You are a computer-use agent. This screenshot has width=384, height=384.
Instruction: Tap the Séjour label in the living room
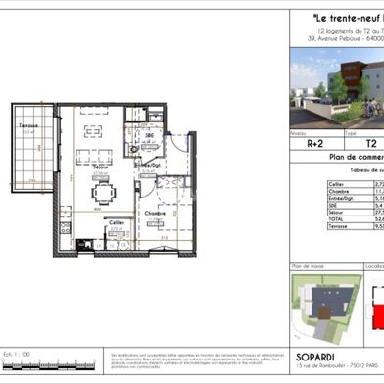pyautogui.click(x=99, y=168)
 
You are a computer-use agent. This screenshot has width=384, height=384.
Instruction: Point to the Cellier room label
pyautogui.click(x=115, y=223)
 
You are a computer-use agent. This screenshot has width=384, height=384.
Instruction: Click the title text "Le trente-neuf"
pyautogui.click(x=338, y=17)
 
